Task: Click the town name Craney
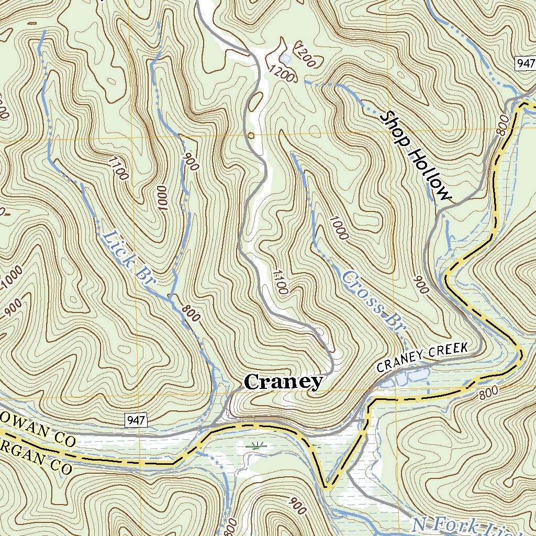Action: point(283,382)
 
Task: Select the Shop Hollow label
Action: point(416,155)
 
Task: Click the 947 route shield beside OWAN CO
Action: point(136,419)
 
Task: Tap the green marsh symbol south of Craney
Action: point(256,446)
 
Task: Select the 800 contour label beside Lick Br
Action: point(192,312)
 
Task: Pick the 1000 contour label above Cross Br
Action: point(339,227)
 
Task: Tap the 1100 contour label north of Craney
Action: point(280,281)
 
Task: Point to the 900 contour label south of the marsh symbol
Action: point(297,506)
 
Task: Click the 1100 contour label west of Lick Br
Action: point(118,168)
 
